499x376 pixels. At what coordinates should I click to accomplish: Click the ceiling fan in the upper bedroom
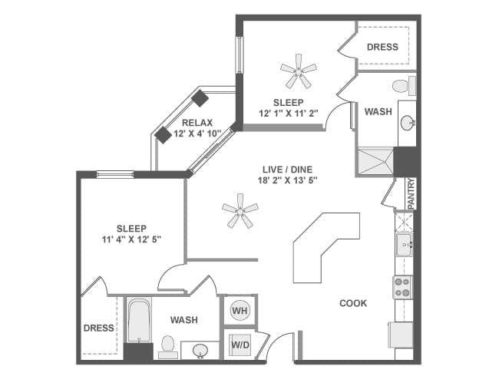298,75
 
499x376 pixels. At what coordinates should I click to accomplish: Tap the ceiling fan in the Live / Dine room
240,210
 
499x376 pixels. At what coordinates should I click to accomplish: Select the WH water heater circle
240,312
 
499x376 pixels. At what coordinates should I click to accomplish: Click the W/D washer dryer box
240,345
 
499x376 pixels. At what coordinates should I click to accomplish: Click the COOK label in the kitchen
353,303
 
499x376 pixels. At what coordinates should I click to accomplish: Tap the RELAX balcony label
197,122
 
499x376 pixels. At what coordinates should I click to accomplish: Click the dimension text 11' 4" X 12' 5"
132,240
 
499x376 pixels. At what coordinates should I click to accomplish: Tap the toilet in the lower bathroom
167,347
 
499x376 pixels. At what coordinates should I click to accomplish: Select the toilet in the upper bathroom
402,85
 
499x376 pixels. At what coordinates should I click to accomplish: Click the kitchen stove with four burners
403,287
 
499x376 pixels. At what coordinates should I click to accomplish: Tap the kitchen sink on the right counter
403,247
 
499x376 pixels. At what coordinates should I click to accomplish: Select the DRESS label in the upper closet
382,47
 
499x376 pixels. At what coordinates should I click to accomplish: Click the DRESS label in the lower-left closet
98,328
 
